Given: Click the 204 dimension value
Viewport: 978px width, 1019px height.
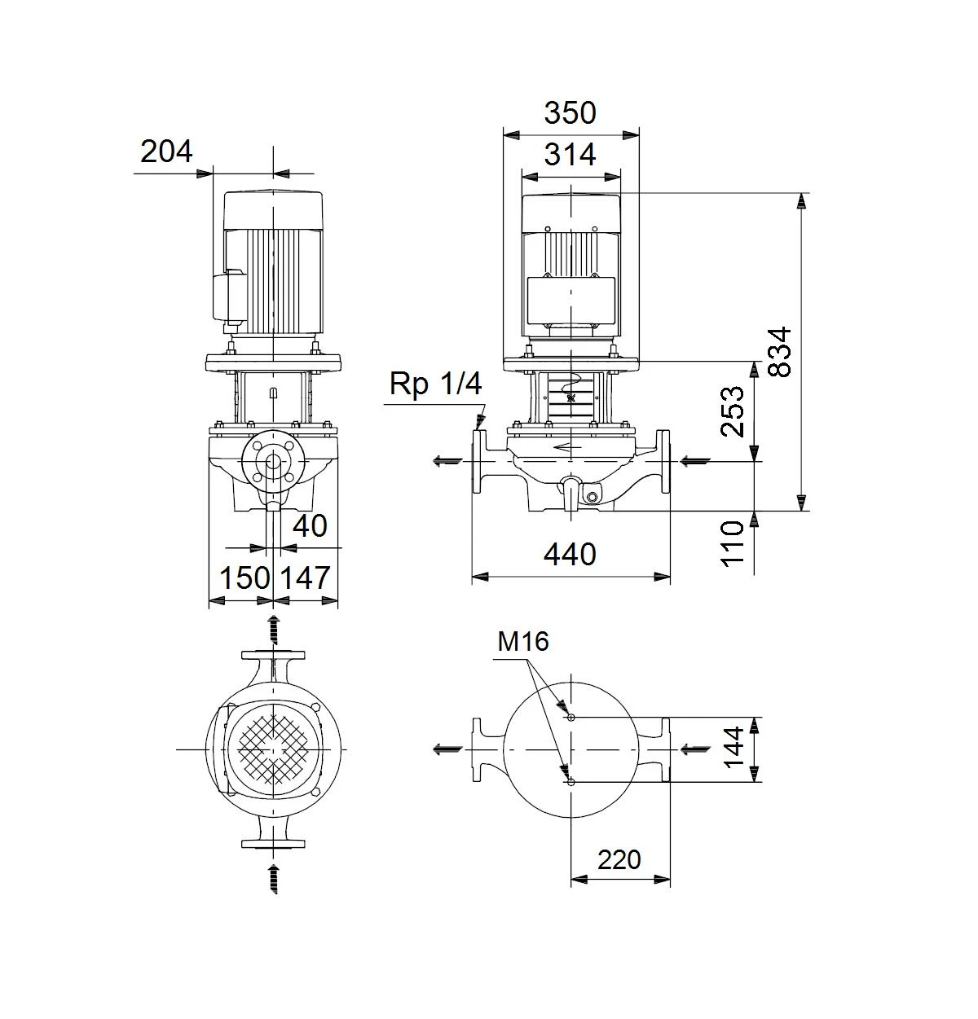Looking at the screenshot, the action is tap(166, 152).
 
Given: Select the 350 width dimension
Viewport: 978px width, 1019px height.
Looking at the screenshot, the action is tap(570, 113).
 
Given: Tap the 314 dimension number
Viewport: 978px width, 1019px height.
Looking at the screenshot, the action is tap(570, 155).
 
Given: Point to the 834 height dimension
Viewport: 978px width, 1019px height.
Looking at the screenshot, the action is tap(779, 352).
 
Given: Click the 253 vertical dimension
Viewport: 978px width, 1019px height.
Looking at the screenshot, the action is tap(732, 411).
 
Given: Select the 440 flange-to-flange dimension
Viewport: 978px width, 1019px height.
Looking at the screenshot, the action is tap(570, 555).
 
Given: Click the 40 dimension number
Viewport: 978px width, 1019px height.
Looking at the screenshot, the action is tap(310, 525).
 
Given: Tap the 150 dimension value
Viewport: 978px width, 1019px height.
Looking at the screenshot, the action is tap(244, 578).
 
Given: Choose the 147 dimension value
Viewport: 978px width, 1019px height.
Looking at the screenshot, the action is tap(306, 578).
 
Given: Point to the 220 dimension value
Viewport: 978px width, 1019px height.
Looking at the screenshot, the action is tap(619, 859).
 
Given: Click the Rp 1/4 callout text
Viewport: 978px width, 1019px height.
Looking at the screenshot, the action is tap(435, 384).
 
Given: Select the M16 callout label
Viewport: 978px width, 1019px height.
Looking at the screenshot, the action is tap(522, 642).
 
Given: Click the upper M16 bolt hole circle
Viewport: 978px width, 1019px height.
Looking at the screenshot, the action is tap(571, 717).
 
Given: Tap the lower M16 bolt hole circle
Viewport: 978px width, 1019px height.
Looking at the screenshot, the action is tap(571, 782).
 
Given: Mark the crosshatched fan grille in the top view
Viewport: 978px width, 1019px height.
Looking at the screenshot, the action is tap(274, 749).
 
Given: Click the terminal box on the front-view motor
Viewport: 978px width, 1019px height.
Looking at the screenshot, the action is tap(570, 301).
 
